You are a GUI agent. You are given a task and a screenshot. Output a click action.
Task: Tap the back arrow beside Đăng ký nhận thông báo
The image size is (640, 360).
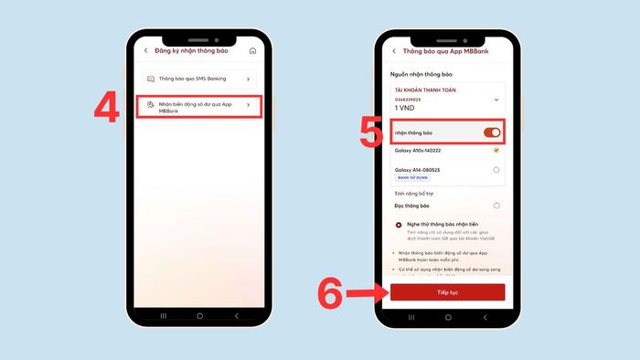[x=146, y=50]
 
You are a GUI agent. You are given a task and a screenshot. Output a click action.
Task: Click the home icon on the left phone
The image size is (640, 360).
[x=252, y=50]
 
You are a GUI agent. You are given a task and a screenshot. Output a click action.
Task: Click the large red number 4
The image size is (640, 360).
[x=108, y=107]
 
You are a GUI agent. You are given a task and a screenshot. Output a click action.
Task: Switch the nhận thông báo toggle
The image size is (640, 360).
[x=491, y=132]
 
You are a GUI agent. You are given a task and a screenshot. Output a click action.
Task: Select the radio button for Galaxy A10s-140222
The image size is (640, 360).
[x=496, y=150]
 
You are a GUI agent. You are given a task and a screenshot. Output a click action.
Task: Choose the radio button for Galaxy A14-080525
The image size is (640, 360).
[x=496, y=170]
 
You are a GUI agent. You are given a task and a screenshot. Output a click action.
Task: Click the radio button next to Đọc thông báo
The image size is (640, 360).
[x=496, y=206]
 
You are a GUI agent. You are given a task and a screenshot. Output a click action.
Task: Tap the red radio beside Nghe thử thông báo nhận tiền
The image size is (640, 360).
[x=400, y=224]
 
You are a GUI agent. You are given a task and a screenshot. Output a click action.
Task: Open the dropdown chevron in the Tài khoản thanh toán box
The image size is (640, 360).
[x=496, y=99]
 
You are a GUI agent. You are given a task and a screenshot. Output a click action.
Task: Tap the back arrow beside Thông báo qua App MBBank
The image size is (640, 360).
[x=394, y=50]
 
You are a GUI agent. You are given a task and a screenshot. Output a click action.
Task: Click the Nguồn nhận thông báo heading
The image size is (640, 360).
[x=422, y=73]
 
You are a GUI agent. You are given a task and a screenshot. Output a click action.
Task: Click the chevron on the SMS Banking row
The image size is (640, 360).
[x=248, y=79]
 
